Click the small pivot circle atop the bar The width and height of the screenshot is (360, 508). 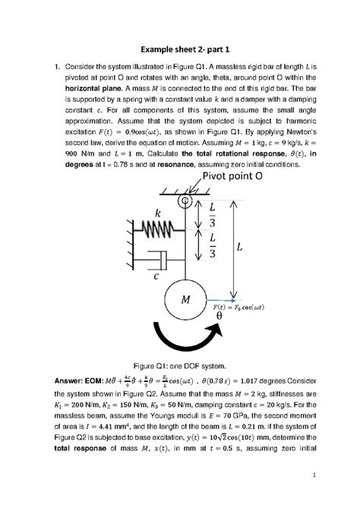tap(183, 201)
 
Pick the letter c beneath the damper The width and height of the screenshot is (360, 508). tap(156, 279)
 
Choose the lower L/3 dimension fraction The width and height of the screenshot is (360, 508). tap(212, 246)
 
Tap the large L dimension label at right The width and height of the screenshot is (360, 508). tap(251, 248)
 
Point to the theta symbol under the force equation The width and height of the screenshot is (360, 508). tap(242, 315)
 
